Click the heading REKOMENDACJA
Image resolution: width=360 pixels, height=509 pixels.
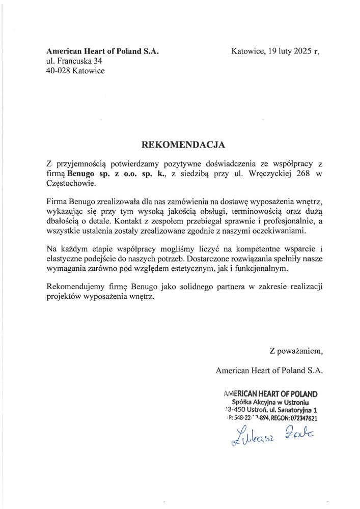click(183, 145)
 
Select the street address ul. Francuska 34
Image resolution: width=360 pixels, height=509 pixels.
click(74, 62)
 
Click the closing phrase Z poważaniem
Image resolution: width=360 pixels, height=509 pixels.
click(296, 351)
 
